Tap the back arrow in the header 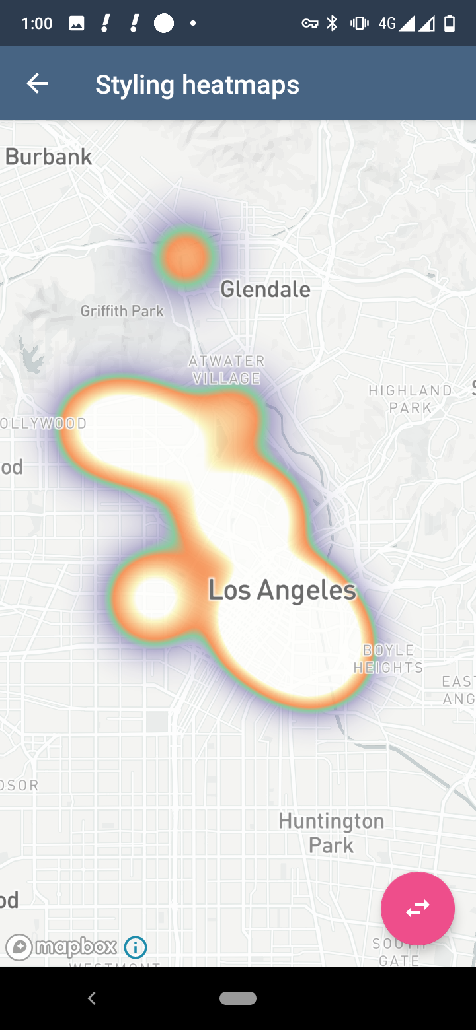coord(37,83)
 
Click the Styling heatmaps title coord(197,85)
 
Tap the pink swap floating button coord(417,908)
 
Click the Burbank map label coord(49,156)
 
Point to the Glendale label coord(265,289)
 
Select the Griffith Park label coord(122,310)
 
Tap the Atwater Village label coord(227,370)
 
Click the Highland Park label coord(410,399)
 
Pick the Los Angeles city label coord(282,590)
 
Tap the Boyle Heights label coord(388,658)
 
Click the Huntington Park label coord(331,833)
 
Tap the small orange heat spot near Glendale coord(186,256)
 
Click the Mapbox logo coord(61,947)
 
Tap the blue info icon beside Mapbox coord(136,947)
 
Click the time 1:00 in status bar coord(37,24)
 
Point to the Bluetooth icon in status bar coord(333,24)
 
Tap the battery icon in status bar coord(450,24)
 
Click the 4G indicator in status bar coord(387,24)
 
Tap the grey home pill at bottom coord(238,998)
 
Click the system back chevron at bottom coord(92,998)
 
